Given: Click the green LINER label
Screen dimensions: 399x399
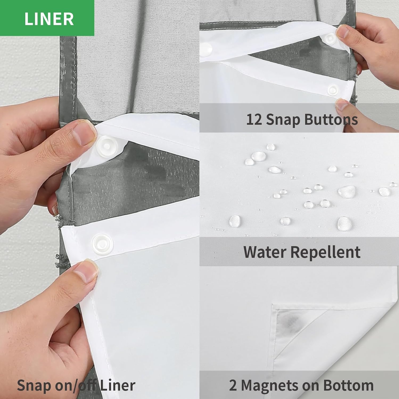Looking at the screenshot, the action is pyautogui.click(x=47, y=18).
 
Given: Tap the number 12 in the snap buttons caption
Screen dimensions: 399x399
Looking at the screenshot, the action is pyautogui.click(x=254, y=119).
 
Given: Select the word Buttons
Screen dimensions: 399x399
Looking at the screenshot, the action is pyautogui.click(x=331, y=119).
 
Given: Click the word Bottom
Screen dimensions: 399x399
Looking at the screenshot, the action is pyautogui.click(x=348, y=385).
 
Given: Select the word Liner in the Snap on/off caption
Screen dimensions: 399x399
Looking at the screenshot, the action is pyautogui.click(x=118, y=385).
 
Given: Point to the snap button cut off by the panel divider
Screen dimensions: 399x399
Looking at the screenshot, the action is pyautogui.click(x=205, y=48).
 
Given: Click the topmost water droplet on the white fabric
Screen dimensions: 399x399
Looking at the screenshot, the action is pyautogui.click(x=271, y=147).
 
